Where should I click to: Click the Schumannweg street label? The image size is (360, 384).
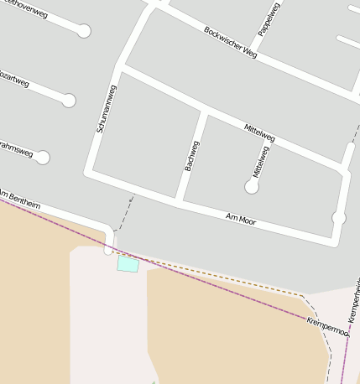(107, 108)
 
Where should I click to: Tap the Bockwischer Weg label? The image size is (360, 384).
(230, 41)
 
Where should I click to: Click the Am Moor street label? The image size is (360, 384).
(241, 220)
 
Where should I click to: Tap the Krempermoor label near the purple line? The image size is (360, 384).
(327, 325)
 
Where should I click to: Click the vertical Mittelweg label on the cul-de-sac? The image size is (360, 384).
(261, 161)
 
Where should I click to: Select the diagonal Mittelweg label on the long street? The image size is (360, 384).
(259, 132)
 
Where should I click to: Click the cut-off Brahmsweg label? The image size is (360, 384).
(16, 148)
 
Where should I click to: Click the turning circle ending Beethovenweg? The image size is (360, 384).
(84, 31)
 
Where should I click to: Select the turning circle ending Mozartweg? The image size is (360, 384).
(69, 101)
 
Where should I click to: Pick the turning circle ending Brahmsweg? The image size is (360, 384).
(43, 157)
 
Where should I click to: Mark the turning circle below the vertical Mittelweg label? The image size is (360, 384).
(252, 188)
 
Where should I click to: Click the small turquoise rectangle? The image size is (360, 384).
(128, 264)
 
